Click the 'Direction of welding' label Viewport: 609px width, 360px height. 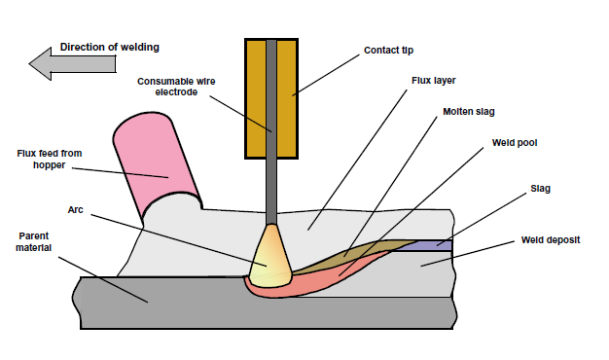click(110, 47)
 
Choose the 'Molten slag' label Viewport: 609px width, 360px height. click(470, 112)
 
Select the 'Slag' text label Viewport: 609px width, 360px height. click(540, 187)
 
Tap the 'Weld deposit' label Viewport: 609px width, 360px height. click(547, 237)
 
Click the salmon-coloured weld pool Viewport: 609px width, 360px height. click(331, 273)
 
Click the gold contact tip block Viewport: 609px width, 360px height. click(255, 97)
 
